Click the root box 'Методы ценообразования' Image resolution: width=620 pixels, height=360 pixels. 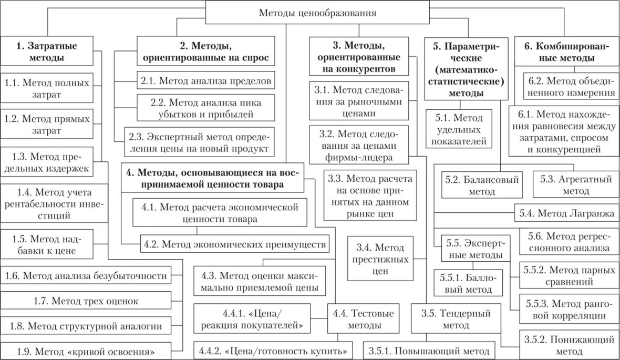[317, 13]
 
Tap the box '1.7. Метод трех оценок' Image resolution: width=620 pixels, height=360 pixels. [87, 301]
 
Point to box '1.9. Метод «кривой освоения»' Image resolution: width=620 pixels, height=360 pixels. [87, 351]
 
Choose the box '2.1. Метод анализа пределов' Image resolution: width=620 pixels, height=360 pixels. [206, 81]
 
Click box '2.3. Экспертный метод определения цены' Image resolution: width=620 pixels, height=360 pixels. [199, 142]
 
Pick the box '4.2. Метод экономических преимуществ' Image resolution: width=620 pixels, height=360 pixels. [235, 244]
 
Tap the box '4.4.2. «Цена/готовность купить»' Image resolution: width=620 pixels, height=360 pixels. [273, 351]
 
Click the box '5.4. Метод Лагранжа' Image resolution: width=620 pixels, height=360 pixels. [566, 213]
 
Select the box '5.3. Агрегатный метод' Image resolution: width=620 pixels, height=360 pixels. [576, 186]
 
